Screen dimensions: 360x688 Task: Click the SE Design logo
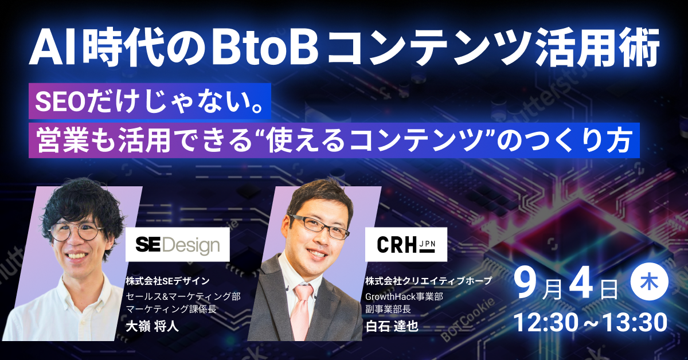178,245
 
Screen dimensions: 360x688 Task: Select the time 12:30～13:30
591,323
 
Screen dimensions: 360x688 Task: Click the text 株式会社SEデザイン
164,281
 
